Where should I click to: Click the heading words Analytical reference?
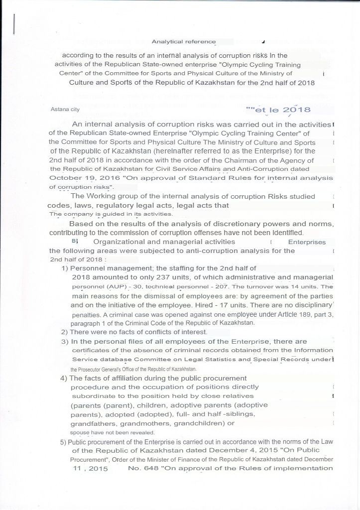184,42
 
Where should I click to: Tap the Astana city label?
65,109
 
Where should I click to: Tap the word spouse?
79,432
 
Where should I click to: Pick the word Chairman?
236,160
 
